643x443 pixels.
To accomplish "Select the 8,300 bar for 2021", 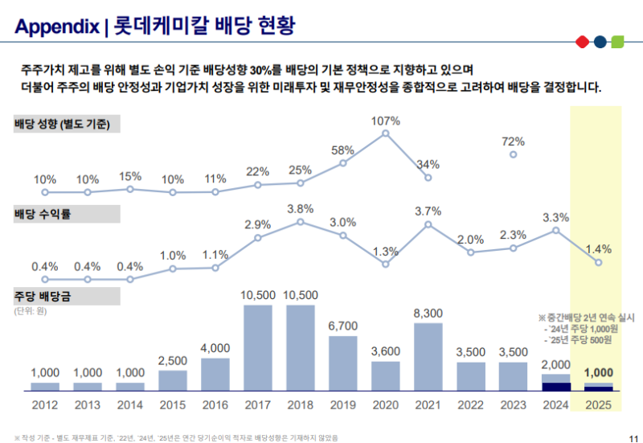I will [428, 357].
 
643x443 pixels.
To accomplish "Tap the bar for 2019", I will [343, 363].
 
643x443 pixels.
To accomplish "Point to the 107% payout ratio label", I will [386, 121].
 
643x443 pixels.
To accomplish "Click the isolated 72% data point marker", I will [514, 154].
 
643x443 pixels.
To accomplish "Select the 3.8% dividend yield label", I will [301, 209].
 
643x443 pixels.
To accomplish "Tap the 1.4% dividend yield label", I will [598, 248].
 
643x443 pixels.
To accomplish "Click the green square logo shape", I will [617, 41].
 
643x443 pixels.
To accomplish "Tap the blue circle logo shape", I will [600, 41].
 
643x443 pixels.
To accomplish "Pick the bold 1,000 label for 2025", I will [598, 372].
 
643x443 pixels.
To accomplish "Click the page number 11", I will [629, 437].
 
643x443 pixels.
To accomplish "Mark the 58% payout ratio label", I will [343, 150].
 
